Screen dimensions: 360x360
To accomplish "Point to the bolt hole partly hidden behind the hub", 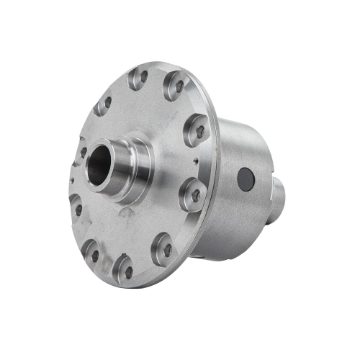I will pos(84,153).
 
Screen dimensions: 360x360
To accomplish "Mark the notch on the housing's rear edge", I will pos(274,154).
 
